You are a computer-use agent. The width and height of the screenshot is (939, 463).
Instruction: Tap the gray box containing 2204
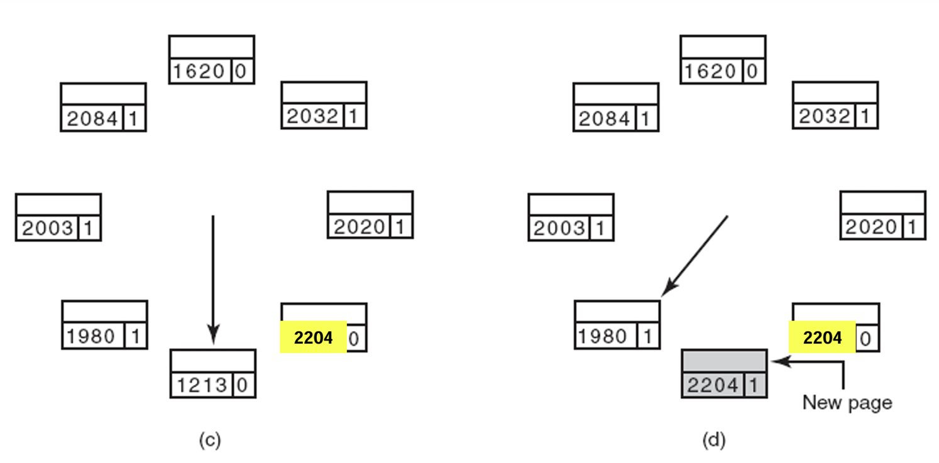[x=723, y=373]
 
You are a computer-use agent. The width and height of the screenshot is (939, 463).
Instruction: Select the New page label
[x=847, y=402]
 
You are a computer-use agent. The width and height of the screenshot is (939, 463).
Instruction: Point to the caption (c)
[x=210, y=440]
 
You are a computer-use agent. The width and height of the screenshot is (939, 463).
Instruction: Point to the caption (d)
[x=713, y=440]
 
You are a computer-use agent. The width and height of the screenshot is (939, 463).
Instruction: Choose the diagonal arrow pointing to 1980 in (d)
[x=696, y=255]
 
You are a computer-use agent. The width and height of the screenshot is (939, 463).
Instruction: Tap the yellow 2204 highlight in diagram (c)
[x=313, y=337]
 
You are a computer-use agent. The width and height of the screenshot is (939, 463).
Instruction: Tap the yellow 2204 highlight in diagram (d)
[x=822, y=337]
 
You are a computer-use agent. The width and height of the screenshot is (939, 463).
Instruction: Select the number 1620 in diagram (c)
[x=199, y=72]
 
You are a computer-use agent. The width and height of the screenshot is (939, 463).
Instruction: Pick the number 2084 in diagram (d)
[x=603, y=119]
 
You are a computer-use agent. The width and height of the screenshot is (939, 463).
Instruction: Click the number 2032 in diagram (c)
[x=312, y=116]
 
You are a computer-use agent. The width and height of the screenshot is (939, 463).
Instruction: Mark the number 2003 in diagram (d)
[x=558, y=228]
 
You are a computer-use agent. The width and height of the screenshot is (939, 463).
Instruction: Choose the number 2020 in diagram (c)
[x=358, y=226]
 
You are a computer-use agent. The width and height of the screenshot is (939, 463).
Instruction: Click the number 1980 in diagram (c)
[x=91, y=337]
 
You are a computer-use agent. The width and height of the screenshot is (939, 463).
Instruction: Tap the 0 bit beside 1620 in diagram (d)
[x=752, y=72]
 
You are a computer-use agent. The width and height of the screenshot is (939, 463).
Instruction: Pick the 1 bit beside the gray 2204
[x=755, y=385]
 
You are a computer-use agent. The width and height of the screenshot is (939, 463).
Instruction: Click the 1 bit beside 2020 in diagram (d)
[x=911, y=226]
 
